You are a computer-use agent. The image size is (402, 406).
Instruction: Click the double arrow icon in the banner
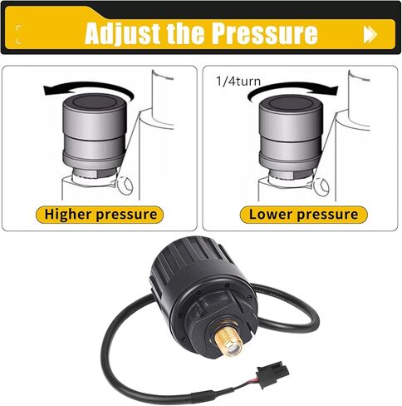pos(370,34)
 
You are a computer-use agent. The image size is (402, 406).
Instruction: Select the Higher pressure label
pos(100,214)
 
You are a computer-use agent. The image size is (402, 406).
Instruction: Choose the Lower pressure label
pos(304,214)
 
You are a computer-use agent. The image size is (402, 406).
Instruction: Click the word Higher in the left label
pos(69,214)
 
